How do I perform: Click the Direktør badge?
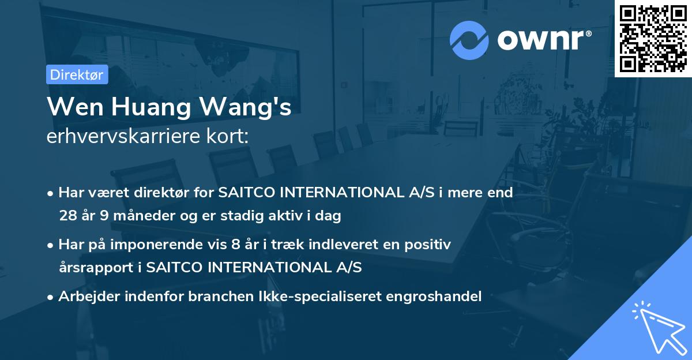[x=77, y=74]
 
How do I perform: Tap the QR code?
[x=653, y=38]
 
